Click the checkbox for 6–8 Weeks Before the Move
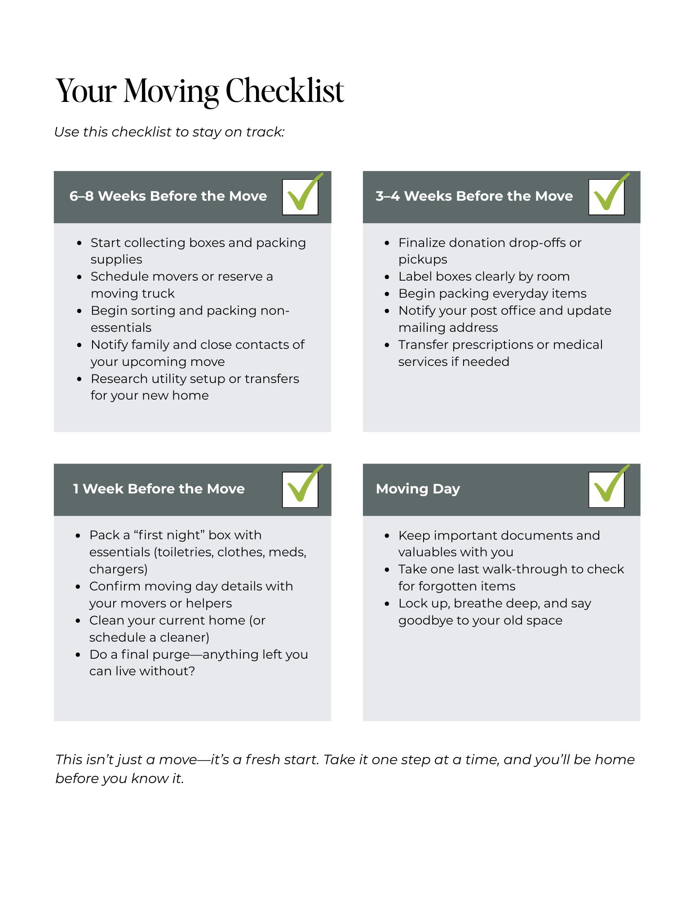coord(300,197)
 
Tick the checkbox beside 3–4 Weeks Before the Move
coord(606,197)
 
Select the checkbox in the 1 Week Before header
coord(300,489)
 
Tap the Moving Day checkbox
coord(606,489)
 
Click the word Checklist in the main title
coord(285,91)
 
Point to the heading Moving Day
coord(418,489)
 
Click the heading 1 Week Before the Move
coord(159,489)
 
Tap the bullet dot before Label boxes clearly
coord(387,277)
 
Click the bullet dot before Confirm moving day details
coord(78,587)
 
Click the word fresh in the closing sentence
coord(263,760)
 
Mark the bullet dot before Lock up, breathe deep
coord(387,604)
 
